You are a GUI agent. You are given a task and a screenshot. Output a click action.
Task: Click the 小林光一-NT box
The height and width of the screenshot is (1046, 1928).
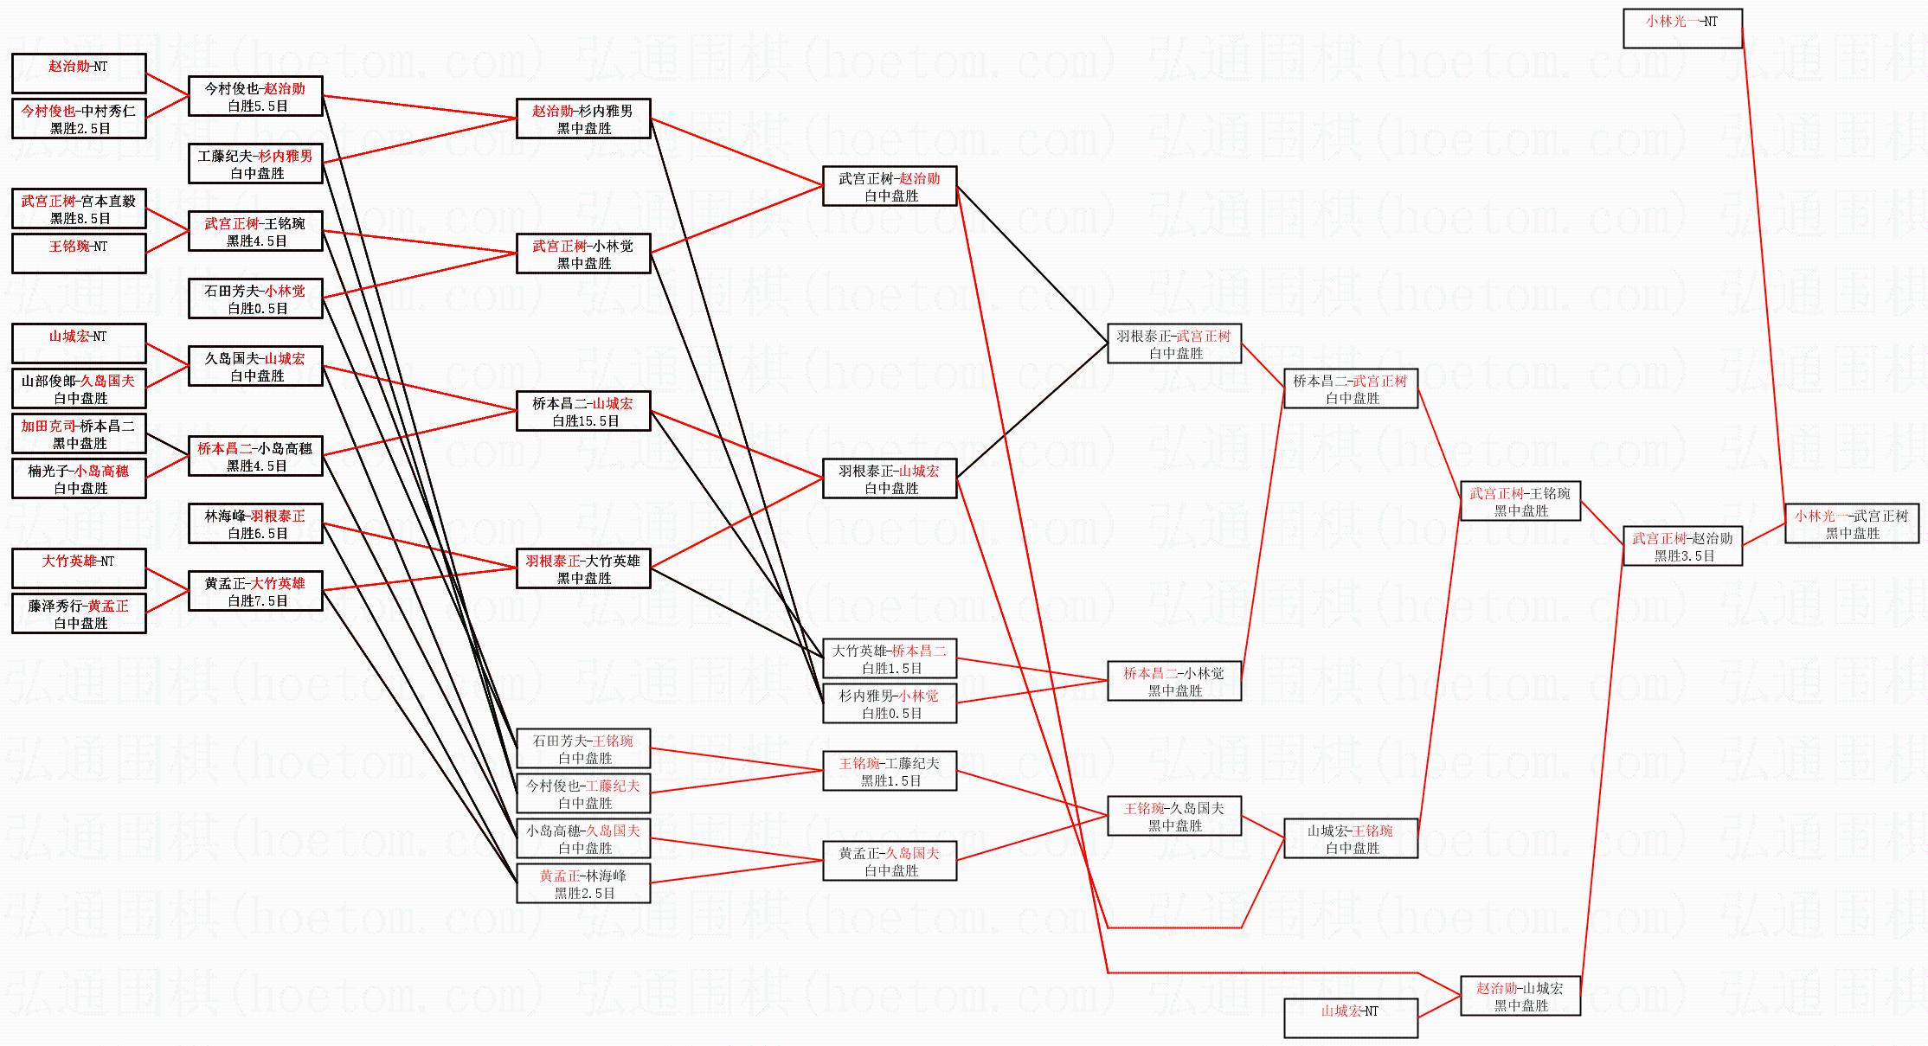pyautogui.click(x=1681, y=28)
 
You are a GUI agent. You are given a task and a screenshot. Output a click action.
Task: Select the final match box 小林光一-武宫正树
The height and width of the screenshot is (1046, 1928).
pyautogui.click(x=1851, y=524)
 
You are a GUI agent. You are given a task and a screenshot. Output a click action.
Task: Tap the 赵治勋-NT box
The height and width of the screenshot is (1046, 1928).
pyautogui.click(x=79, y=73)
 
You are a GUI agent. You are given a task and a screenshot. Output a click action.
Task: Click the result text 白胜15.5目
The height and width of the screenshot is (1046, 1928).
pyautogui.click(x=585, y=421)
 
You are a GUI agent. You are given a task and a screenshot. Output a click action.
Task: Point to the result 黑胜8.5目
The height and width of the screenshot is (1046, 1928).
pyautogui.click(x=80, y=219)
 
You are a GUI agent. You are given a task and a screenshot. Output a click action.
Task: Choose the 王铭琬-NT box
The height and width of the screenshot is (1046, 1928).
pyautogui.click(x=79, y=253)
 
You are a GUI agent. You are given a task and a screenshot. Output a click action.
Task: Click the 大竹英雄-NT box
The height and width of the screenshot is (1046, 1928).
pyautogui.click(x=79, y=568)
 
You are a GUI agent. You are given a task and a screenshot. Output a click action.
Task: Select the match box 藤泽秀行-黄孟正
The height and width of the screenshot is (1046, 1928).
pyautogui.click(x=79, y=613)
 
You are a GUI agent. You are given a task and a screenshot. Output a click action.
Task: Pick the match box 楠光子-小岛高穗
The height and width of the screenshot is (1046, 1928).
pyautogui.click(x=79, y=478)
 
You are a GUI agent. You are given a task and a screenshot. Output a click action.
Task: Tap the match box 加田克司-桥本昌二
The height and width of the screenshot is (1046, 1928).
pyautogui.click(x=79, y=433)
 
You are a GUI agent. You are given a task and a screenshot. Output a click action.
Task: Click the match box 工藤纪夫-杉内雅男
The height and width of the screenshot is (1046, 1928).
pyautogui.click(x=255, y=164)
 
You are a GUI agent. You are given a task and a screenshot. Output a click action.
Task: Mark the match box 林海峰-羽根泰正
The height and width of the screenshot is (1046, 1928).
pyautogui.click(x=255, y=523)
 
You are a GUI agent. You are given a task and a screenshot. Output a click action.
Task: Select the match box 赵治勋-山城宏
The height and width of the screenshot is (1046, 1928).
pyautogui.click(x=1520, y=996)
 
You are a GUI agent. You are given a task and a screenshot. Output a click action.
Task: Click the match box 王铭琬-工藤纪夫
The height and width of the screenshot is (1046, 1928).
pyautogui.click(x=890, y=771)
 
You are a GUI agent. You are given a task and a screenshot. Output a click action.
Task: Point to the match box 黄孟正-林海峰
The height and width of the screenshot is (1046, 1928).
pyautogui.click(x=583, y=883)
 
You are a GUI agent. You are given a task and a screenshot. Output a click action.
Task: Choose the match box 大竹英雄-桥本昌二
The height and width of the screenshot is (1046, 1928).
pyautogui.click(x=890, y=658)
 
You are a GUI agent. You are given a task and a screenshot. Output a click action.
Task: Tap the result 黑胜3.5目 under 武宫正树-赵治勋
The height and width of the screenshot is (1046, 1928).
pyautogui.click(x=1683, y=556)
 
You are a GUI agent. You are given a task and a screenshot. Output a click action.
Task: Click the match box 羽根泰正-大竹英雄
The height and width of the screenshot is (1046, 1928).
pyautogui.click(x=583, y=568)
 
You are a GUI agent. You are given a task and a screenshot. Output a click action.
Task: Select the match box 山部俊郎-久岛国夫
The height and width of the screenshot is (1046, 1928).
pyautogui.click(x=79, y=388)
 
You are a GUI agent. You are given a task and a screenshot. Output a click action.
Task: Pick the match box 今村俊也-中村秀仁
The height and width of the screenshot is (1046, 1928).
pyautogui.click(x=79, y=119)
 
